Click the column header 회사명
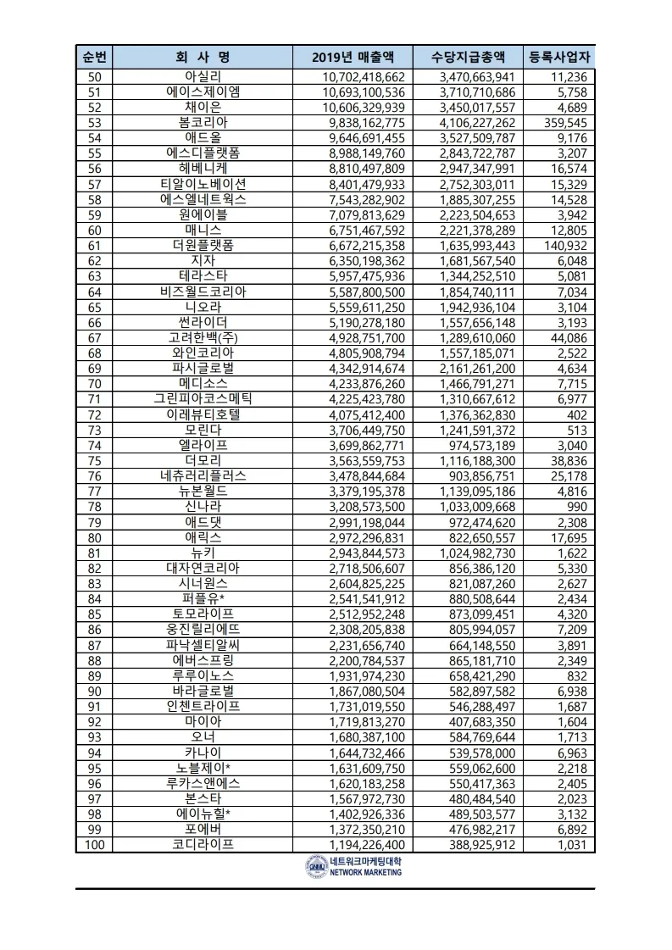(x=203, y=58)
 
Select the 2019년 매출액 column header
(x=353, y=58)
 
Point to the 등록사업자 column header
(x=560, y=58)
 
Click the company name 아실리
(x=203, y=77)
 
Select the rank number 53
(x=94, y=122)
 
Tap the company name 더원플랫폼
(x=203, y=245)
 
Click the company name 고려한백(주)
(x=203, y=337)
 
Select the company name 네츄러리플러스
(x=203, y=475)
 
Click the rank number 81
(x=94, y=552)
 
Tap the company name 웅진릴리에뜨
(x=203, y=629)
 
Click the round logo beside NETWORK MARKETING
(x=315, y=866)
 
